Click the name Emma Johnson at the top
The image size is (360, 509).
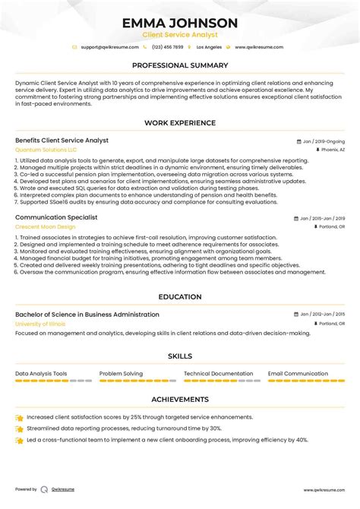(180, 23)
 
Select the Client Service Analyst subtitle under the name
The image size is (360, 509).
(180, 35)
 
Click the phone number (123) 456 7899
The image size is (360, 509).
(168, 47)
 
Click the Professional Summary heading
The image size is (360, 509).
(180, 65)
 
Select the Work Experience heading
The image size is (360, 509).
(180, 123)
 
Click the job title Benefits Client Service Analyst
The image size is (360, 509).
(62, 141)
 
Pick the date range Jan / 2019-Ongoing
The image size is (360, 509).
(323, 141)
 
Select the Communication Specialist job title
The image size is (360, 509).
(56, 217)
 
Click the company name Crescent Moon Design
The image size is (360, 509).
(46, 227)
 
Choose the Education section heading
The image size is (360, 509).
(180, 297)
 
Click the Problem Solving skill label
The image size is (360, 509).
(121, 374)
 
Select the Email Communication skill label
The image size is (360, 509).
(298, 374)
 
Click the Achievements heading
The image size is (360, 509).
(180, 399)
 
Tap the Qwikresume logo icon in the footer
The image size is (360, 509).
(45, 490)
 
